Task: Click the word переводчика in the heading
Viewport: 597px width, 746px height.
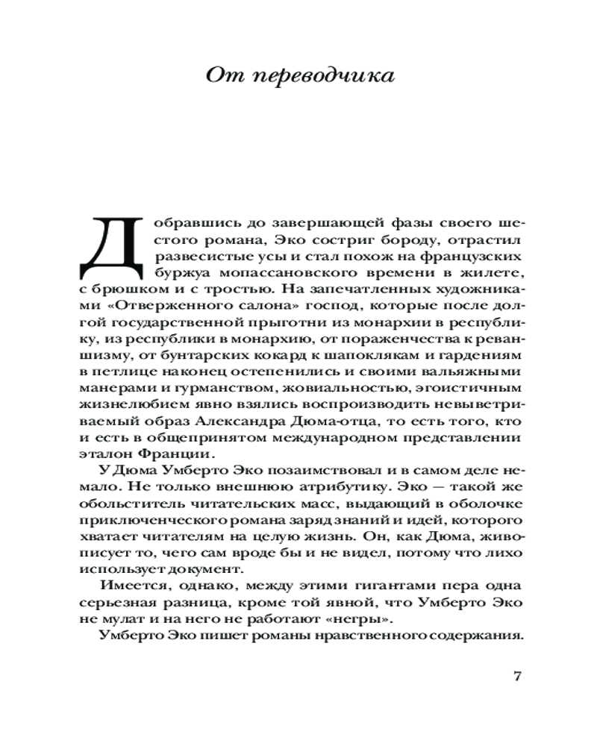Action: click(x=338, y=78)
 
